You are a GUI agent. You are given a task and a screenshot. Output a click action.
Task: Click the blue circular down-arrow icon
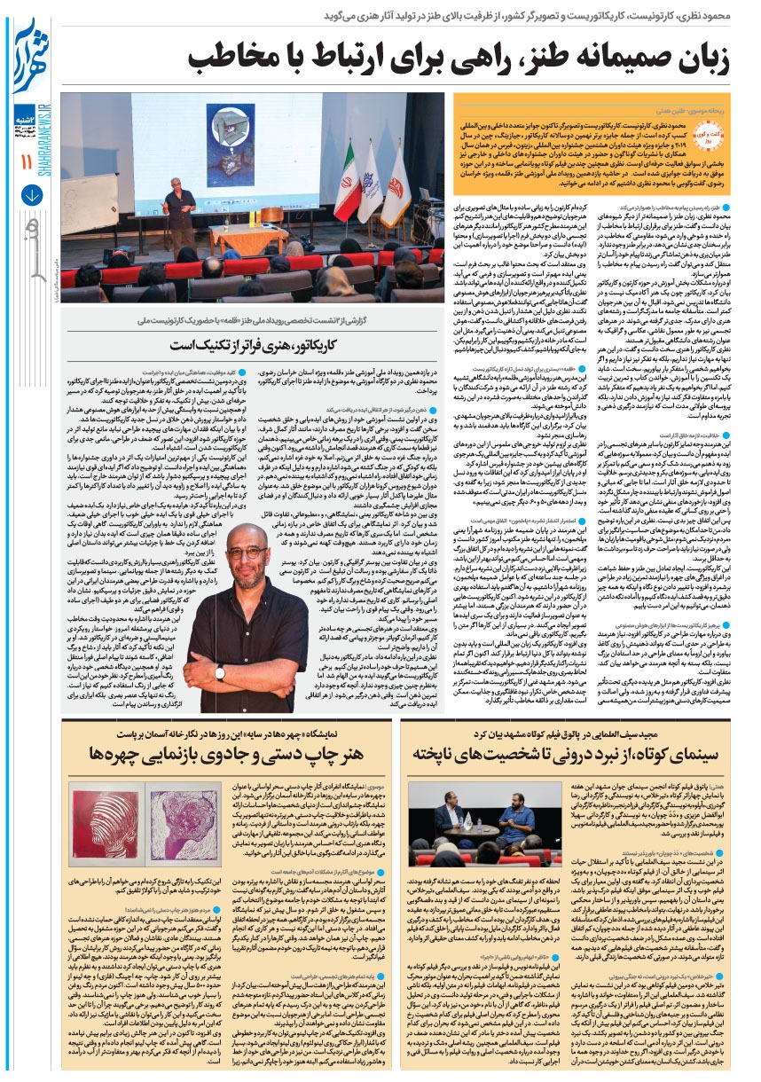(25, 192)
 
